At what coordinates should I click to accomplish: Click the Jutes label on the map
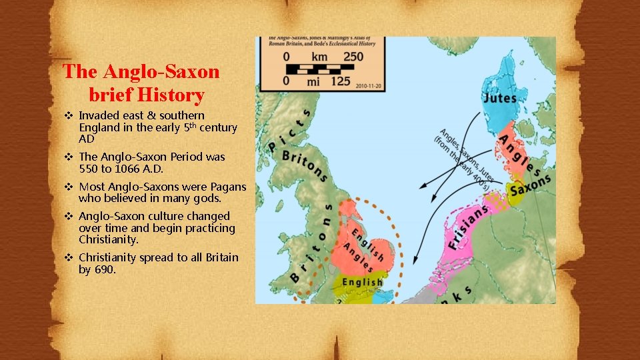pos(499,98)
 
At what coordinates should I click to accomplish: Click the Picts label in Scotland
pos(290,128)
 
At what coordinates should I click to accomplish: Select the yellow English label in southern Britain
pos(362,282)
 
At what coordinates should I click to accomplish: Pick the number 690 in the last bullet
pos(105,269)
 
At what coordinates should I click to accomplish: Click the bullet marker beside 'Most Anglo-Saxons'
pos(68,187)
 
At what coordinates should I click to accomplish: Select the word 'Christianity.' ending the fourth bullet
pos(109,239)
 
